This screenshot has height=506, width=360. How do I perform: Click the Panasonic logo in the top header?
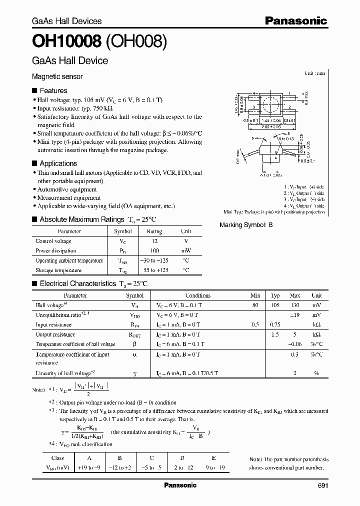(295, 21)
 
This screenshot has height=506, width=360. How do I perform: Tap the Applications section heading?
(58, 163)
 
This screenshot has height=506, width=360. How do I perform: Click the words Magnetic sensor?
(57, 76)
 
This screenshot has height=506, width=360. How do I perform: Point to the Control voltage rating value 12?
(154, 241)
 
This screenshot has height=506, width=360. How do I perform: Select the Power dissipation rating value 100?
(154, 250)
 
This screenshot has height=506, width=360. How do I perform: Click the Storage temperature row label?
(58, 270)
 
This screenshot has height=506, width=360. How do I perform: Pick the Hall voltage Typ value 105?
(275, 305)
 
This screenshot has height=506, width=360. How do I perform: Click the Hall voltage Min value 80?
(255, 305)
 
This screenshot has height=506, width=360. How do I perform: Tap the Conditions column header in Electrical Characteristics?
(198, 295)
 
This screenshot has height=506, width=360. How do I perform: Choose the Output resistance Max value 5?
(295, 334)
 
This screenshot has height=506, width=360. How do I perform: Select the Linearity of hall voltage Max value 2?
(295, 373)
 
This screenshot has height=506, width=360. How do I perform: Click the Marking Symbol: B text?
(246, 225)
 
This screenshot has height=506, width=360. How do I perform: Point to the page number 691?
(323, 485)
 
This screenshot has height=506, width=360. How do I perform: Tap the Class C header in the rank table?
(151, 457)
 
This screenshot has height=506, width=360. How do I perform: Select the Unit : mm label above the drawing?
(314, 73)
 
